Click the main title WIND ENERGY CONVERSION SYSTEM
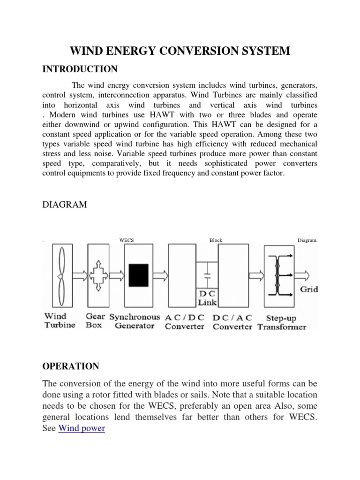tap(180, 51)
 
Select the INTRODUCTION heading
tap(80, 69)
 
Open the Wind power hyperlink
tap(82, 428)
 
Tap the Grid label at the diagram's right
tap(309, 289)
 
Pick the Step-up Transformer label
tap(282, 322)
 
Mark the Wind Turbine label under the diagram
tap(60, 321)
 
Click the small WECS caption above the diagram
tap(127, 240)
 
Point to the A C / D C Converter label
tap(185, 322)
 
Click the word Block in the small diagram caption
tap(216, 240)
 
